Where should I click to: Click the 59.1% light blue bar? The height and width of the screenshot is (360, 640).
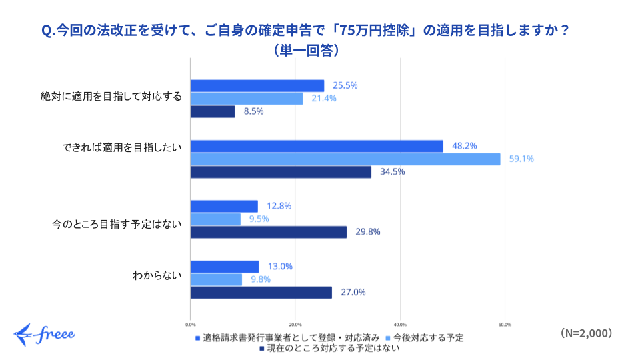point(345,159)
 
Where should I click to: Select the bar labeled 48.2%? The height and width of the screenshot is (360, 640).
point(317,146)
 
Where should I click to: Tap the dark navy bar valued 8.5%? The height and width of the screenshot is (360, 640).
point(213,112)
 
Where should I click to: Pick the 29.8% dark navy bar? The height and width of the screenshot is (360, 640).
point(269,232)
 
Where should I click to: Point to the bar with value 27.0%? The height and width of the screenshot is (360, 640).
point(261,293)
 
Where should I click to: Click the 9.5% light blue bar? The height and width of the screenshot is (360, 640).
point(215,219)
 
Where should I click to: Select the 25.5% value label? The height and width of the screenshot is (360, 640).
point(345,85)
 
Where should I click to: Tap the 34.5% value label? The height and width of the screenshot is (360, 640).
point(392,172)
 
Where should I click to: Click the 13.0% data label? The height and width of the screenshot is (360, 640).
point(280,267)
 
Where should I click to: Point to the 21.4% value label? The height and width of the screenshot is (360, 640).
point(324,99)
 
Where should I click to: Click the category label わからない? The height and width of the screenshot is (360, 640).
point(157,275)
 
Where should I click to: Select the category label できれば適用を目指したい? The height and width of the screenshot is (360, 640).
point(122,147)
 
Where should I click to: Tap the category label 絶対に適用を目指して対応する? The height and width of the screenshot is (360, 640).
point(111,96)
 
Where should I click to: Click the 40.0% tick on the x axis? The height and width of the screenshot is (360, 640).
point(400,325)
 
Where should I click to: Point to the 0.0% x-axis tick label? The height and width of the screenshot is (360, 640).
point(191,325)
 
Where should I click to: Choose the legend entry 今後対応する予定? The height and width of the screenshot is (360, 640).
point(425,338)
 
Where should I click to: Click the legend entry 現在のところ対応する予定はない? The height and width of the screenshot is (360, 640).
point(329,348)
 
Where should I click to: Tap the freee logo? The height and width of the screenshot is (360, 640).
point(44,335)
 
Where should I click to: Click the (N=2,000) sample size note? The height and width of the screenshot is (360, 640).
point(587,333)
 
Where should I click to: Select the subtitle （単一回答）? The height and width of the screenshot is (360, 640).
point(306,50)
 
